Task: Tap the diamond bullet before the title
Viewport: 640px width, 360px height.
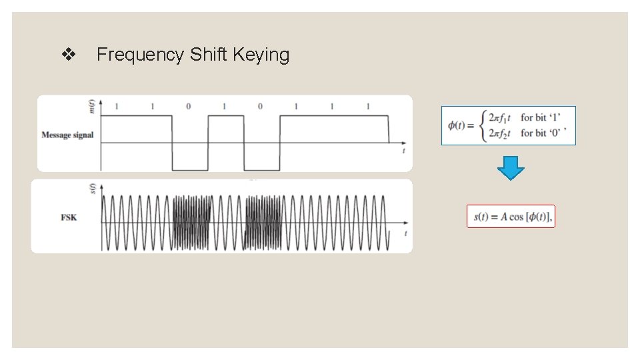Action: [x=67, y=55]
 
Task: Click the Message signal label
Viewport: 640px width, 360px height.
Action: [x=67, y=135]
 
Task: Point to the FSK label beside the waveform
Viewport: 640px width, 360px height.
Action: [x=68, y=217]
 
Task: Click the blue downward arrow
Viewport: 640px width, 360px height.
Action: [x=511, y=168]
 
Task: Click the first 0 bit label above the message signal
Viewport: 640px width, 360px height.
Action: [x=188, y=107]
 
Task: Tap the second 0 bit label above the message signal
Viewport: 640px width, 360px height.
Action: [x=260, y=107]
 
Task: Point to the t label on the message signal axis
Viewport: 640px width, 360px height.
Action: [x=404, y=152]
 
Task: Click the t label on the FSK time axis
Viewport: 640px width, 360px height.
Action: [x=405, y=234]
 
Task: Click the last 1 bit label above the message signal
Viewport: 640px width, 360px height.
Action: [x=368, y=107]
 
